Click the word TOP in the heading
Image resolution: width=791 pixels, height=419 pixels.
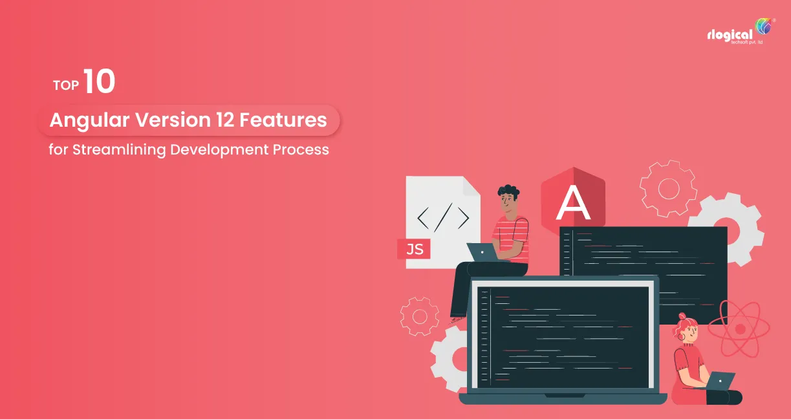(x=65, y=85)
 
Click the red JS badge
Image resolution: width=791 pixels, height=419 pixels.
(x=415, y=248)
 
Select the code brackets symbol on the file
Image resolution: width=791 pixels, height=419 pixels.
(x=443, y=217)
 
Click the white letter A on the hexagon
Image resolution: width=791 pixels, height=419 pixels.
(x=573, y=204)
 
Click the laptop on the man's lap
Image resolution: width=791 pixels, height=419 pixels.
(x=482, y=252)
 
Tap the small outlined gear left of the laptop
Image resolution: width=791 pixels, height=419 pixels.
(x=419, y=316)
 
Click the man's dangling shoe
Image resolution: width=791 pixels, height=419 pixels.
(x=457, y=318)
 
